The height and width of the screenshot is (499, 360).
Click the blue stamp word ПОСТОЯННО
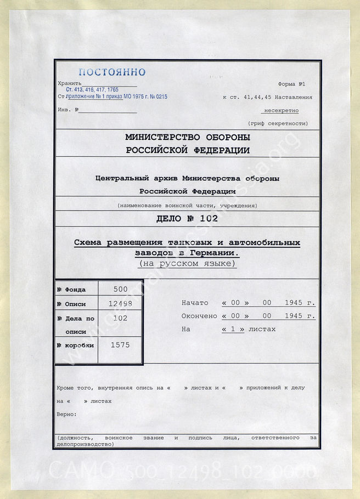(112, 72)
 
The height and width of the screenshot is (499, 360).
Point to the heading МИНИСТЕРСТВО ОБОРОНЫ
(188, 137)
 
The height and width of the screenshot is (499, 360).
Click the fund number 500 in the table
(120, 289)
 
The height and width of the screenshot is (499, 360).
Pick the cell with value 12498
(120, 303)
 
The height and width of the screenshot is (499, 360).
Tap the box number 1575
(120, 345)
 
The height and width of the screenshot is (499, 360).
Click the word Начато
(195, 303)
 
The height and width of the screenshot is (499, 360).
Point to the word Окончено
(199, 316)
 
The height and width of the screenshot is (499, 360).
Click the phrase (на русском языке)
(187, 264)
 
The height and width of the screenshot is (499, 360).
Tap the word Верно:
(66, 413)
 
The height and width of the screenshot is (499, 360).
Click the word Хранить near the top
(69, 83)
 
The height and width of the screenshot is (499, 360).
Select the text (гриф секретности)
(278, 124)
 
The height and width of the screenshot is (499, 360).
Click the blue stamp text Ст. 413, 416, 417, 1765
(92, 89)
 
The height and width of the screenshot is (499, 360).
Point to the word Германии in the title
(216, 253)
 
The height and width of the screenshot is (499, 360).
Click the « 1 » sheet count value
(233, 329)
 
